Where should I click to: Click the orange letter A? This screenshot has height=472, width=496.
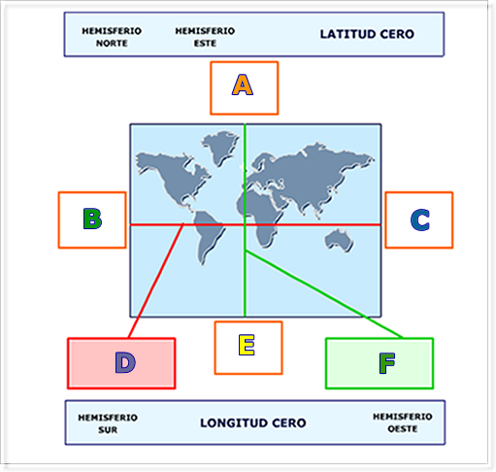pos(243,84)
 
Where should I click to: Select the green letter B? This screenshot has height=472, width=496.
pos(92,219)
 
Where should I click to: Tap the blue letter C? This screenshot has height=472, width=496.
pos(420,220)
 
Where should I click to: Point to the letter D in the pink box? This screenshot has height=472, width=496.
pos(125,362)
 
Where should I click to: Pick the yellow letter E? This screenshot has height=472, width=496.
pos(247,345)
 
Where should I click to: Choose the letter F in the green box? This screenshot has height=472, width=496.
pos(387,363)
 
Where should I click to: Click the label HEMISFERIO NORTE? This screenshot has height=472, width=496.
pos(112,37)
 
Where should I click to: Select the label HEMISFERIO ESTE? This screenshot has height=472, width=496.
pos(205,37)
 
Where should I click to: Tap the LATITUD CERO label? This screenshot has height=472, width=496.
pos(367,34)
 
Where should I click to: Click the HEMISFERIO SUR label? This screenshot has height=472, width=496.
pos(108,423)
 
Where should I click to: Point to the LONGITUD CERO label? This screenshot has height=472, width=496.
pos(253,422)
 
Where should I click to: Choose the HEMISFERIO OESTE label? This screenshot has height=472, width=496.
pos(403,422)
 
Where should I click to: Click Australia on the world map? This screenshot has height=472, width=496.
pos(339,240)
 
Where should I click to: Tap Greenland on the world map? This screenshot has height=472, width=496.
pos(220,148)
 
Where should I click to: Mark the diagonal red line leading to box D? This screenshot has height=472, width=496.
pos(156,281)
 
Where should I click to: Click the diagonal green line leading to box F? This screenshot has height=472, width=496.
pos(324,294)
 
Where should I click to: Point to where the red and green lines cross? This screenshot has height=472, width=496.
pos(245,224)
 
